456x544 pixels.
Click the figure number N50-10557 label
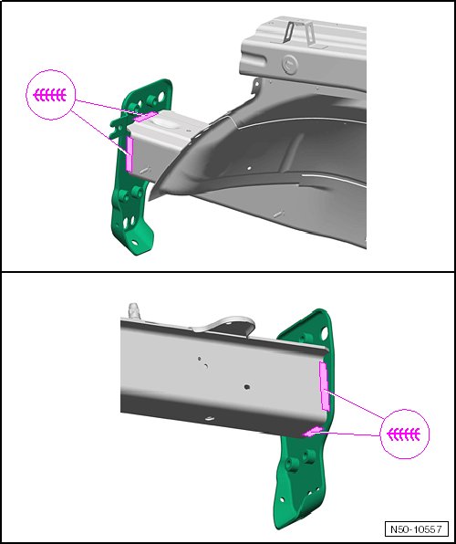[x=416, y=529]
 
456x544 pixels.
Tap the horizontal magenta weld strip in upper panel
[x=145, y=117]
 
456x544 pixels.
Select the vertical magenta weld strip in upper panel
[x=130, y=153]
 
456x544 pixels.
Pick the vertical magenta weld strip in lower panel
[x=324, y=386]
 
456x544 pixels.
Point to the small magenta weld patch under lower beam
[x=312, y=431]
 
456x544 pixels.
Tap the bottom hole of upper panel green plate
[x=134, y=243]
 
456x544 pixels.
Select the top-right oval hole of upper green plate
[x=161, y=97]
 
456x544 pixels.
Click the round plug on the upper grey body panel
[x=289, y=65]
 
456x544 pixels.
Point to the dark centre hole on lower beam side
[x=247, y=386]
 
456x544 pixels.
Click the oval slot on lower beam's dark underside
[x=209, y=419]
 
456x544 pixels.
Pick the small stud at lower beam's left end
[x=133, y=309]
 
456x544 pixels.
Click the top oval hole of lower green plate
[x=325, y=333]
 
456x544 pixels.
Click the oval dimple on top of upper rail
[x=167, y=122]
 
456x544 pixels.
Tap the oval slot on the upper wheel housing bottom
[x=278, y=214]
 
